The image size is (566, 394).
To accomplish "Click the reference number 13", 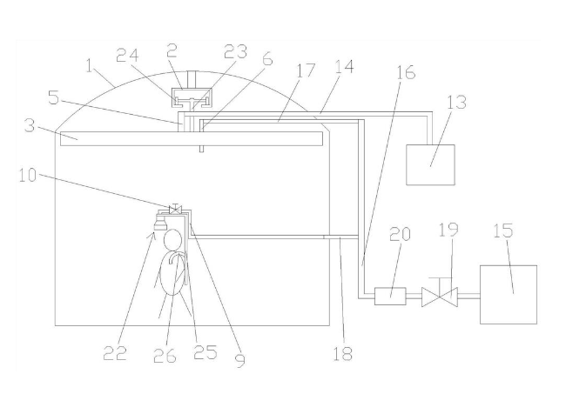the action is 456,102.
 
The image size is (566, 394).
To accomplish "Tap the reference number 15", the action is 503,230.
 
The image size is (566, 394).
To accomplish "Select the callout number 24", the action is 127,56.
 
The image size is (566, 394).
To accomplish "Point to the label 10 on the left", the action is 28,176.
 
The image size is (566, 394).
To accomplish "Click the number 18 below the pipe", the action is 342,353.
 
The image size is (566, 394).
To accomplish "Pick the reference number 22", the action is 115,353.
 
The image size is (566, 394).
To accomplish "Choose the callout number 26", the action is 165,356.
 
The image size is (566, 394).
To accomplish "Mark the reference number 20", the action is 400,234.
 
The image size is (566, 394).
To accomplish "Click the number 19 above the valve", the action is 448,230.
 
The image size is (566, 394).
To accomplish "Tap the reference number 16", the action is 406,71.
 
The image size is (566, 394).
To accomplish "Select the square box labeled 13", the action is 430,164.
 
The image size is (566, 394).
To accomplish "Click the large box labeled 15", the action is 509,295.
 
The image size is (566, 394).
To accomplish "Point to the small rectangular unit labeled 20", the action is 390,297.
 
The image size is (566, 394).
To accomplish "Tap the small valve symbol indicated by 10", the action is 175,209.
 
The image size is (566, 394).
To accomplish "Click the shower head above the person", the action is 160,224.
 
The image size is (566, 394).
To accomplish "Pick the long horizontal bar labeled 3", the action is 192,139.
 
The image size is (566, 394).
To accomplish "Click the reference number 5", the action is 53,97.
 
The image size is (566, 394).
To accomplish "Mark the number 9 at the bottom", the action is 240,360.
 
